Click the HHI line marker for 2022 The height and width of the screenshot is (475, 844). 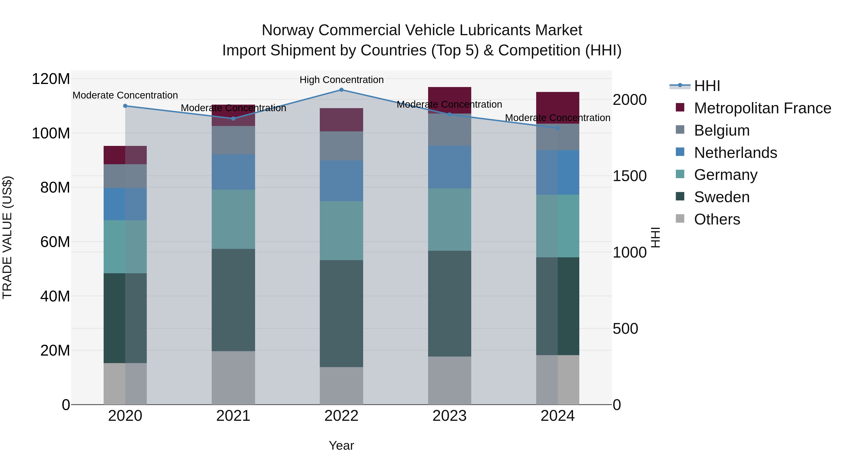(x=341, y=90)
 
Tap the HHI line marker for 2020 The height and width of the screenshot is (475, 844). (x=125, y=106)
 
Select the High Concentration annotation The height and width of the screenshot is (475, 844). (x=341, y=80)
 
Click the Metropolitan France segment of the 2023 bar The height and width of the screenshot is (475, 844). (x=449, y=100)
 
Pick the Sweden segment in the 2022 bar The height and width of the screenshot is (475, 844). (x=341, y=313)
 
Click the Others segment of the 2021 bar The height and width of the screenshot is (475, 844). (x=233, y=378)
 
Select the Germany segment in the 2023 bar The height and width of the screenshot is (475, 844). (x=449, y=219)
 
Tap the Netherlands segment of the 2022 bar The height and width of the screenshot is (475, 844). (x=341, y=181)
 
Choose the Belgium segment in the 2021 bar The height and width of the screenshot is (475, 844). (x=233, y=140)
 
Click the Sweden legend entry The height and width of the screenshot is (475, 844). (x=721, y=197)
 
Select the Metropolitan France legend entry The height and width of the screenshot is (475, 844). (x=762, y=108)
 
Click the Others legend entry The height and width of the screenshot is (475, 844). (x=717, y=219)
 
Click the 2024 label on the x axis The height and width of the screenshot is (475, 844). (x=558, y=416)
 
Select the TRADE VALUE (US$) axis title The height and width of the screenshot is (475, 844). (x=7, y=237)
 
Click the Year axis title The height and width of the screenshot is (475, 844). (x=341, y=445)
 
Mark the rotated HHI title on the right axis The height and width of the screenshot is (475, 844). (x=655, y=237)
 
